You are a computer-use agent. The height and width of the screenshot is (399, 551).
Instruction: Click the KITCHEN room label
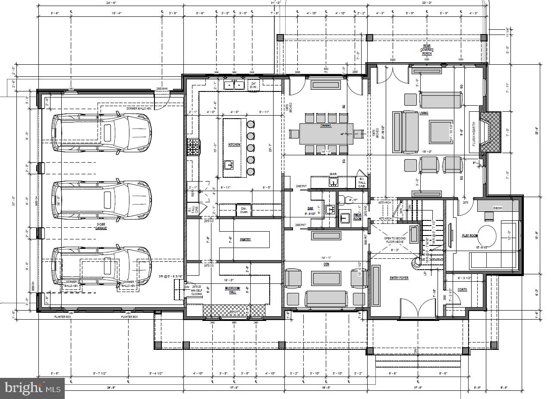pyautogui.click(x=234, y=145)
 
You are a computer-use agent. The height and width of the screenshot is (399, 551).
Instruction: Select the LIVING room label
pyautogui.click(x=424, y=113)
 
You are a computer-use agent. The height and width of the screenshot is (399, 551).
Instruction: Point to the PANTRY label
pyautogui.click(x=245, y=239)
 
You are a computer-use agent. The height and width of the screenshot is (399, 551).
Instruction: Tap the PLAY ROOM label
pyautogui.click(x=470, y=236)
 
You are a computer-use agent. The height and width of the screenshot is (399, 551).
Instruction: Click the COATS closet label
pyautogui.click(x=462, y=289)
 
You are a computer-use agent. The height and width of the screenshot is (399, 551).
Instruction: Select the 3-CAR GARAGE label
pyautogui.click(x=101, y=226)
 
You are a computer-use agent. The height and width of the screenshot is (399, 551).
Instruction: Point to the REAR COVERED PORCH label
pyautogui.click(x=427, y=50)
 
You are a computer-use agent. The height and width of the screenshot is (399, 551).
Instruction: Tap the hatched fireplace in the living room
pyautogui.click(x=492, y=132)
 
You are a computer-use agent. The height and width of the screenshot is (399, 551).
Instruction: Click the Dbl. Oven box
pyautogui.click(x=243, y=210)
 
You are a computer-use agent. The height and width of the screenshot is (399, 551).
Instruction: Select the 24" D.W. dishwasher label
pyautogui.click(x=254, y=85)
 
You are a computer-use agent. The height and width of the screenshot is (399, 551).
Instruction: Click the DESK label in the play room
pyautogui.click(x=497, y=208)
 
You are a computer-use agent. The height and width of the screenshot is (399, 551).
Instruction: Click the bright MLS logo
pyautogui.click(x=32, y=389)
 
